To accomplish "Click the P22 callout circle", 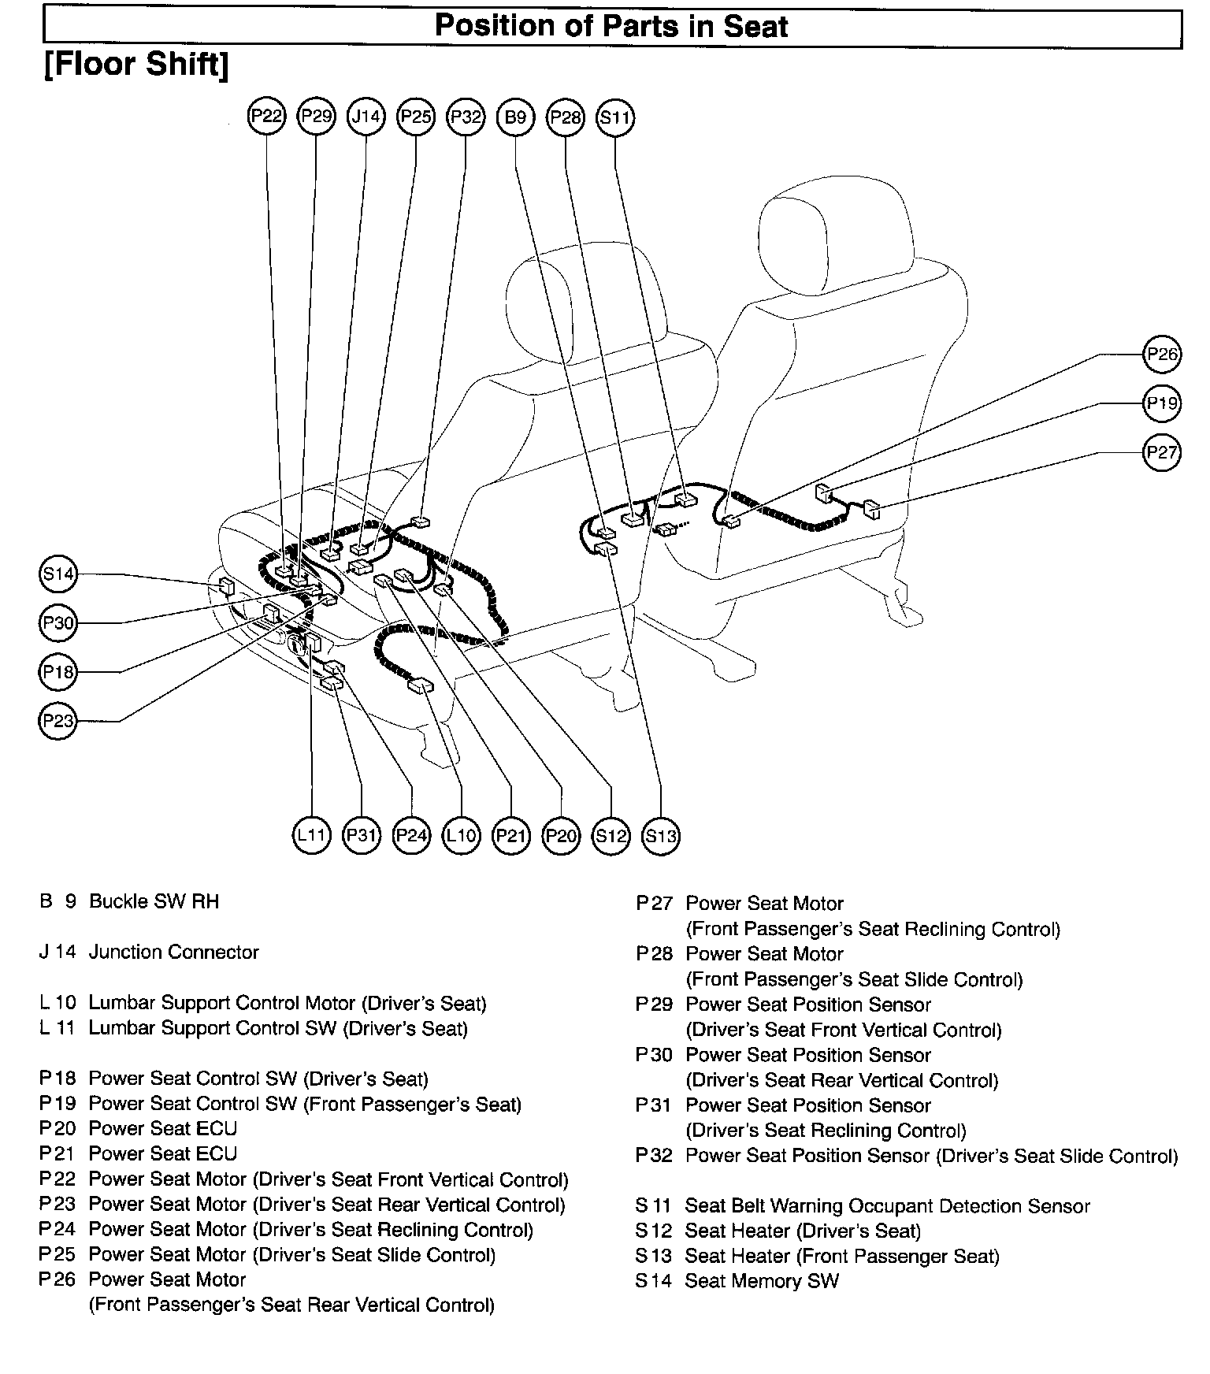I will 267,117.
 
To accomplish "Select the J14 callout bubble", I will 366,117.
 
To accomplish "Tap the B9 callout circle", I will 515,117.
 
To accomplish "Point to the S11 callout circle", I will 615,117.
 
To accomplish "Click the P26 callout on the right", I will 1162,355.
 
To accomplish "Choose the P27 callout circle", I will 1162,452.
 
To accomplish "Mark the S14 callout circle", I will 58,574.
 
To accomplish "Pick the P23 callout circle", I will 58,720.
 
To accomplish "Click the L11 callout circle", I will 312,835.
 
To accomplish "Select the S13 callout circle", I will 661,835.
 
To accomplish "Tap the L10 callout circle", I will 462,835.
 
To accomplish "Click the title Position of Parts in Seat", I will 611,26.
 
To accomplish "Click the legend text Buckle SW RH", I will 154,901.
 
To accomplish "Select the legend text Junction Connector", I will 173,952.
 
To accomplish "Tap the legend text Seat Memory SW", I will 762,1281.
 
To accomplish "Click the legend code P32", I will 655,1156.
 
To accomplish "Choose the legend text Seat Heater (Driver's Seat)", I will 803,1231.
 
